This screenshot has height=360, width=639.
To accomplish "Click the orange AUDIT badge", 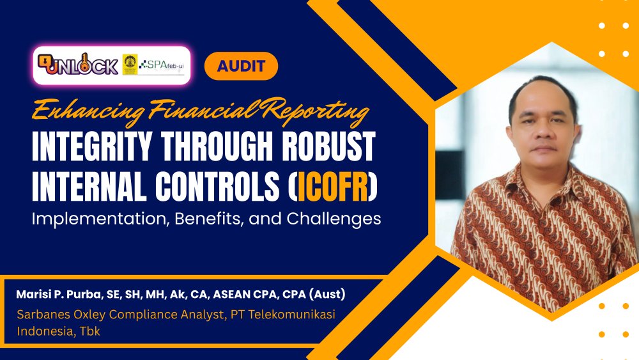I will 241,66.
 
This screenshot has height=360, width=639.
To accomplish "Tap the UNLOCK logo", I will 78,65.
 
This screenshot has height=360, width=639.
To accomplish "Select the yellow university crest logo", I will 130,65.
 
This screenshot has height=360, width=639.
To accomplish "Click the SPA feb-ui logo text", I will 164,64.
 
